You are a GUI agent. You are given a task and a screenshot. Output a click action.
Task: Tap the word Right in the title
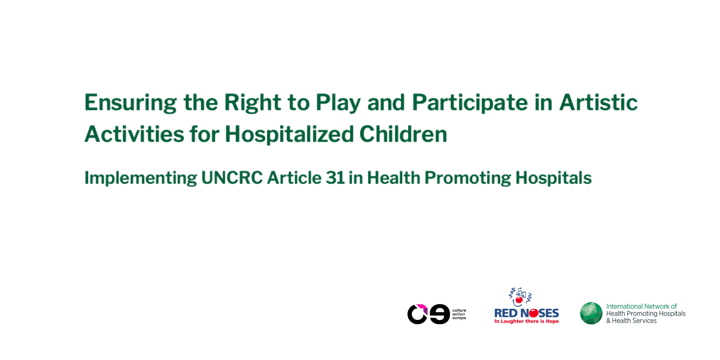[x=253, y=103]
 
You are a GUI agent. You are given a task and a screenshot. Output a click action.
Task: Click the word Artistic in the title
[x=598, y=102]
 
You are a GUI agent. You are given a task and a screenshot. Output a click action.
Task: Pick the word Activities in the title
[x=134, y=134]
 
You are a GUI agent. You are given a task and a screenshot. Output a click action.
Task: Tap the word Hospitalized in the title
[x=289, y=134]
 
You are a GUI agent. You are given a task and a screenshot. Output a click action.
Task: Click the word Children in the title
[x=403, y=134]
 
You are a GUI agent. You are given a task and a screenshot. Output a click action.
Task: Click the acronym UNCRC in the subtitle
[x=232, y=178]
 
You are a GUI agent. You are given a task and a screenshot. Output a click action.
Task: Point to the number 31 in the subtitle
[x=335, y=178]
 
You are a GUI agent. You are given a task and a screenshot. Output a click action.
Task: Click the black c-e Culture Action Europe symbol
[x=428, y=314]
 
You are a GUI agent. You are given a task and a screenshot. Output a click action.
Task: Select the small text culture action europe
[x=459, y=314]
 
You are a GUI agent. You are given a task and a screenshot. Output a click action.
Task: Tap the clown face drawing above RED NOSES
[x=520, y=297]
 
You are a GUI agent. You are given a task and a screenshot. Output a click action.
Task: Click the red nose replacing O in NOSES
[x=534, y=313]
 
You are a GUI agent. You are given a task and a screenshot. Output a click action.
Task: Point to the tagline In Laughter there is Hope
[x=526, y=321]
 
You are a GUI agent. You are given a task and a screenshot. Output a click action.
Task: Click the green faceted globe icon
[x=591, y=313]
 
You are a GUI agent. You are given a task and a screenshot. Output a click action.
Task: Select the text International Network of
[x=641, y=306]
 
